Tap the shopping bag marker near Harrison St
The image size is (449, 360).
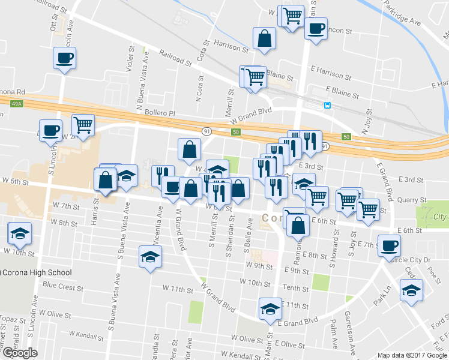pos(264,39)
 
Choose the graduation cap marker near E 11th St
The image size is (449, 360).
pos(270,309)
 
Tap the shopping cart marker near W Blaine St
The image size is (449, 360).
pos(255,77)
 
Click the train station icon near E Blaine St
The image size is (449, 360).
pos(328,105)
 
